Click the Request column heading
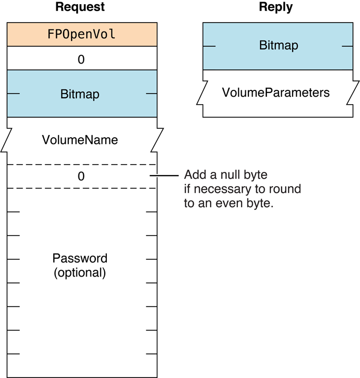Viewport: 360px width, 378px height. point(80,7)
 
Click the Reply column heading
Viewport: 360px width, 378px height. point(276,7)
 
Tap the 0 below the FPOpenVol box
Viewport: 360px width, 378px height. point(81,59)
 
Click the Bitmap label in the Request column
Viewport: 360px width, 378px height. point(80,95)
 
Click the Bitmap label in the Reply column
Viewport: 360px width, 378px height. point(278,46)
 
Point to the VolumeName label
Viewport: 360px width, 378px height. point(79,140)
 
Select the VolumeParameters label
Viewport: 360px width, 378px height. point(276,93)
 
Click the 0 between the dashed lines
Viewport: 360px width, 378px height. point(81,177)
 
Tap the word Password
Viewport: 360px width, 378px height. point(80,259)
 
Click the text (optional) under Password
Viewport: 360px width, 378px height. point(80,273)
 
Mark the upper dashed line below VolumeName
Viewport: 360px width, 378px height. point(82,165)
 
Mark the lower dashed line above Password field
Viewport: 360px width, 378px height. point(82,188)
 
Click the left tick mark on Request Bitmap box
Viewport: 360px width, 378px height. point(13,94)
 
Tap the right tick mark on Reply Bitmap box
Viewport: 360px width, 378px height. point(347,46)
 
